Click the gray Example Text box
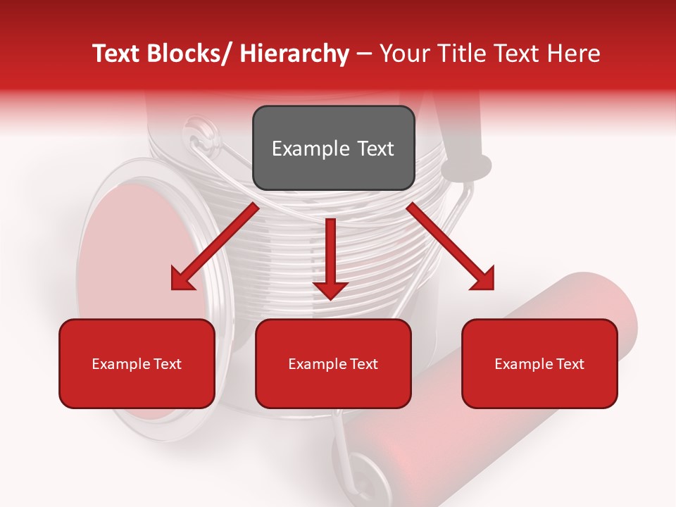coord(333,148)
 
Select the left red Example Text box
coord(137,363)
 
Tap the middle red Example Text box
coord(333,363)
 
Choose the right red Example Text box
coord(539,363)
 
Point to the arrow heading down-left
coord(215,246)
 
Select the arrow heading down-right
coord(451,246)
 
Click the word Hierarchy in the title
coord(294,54)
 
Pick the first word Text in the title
coord(118,54)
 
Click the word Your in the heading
coord(404,54)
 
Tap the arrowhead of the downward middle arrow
coord(330,289)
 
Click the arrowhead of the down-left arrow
coord(182,280)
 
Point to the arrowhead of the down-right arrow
coord(483,280)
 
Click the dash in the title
coord(364,54)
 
